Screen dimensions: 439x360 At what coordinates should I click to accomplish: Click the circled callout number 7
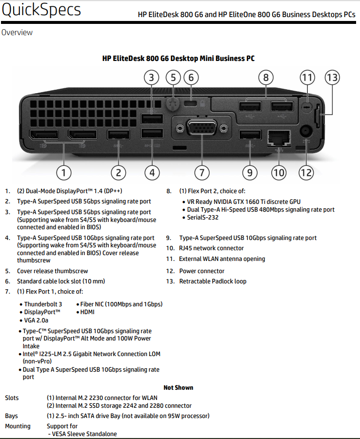coord(201,172)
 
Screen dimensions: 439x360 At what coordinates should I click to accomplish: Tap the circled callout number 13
coord(332,78)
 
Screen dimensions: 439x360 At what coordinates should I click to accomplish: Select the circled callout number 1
coord(64,172)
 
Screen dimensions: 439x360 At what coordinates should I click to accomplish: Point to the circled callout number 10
coord(279,172)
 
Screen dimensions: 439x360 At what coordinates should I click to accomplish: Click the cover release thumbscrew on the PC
coord(171,103)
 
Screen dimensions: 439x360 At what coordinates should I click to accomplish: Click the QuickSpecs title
coord(41,10)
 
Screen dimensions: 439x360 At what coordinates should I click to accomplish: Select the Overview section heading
coord(17,33)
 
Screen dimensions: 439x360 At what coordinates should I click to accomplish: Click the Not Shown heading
coord(178,387)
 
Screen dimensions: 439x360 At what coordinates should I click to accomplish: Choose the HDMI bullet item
coord(87,312)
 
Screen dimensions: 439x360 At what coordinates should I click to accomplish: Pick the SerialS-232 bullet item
coord(203,218)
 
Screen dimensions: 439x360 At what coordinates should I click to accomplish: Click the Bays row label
coord(12,416)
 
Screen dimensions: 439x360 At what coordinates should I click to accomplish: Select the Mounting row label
coord(18,426)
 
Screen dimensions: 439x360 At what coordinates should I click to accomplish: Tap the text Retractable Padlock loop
coord(213,281)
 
